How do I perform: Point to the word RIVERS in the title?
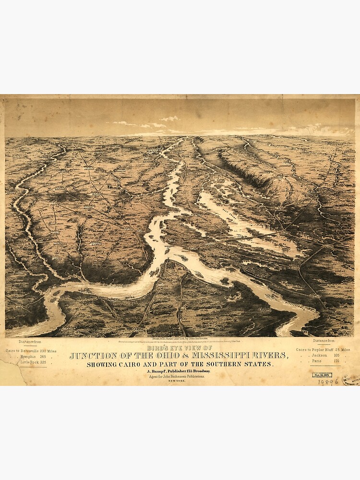pyautogui.click(x=270, y=356)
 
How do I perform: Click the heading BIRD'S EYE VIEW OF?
pyautogui.click(x=180, y=348)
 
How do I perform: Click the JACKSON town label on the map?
pyautogui.click(x=88, y=169)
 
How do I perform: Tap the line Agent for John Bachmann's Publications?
pyautogui.click(x=180, y=377)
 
